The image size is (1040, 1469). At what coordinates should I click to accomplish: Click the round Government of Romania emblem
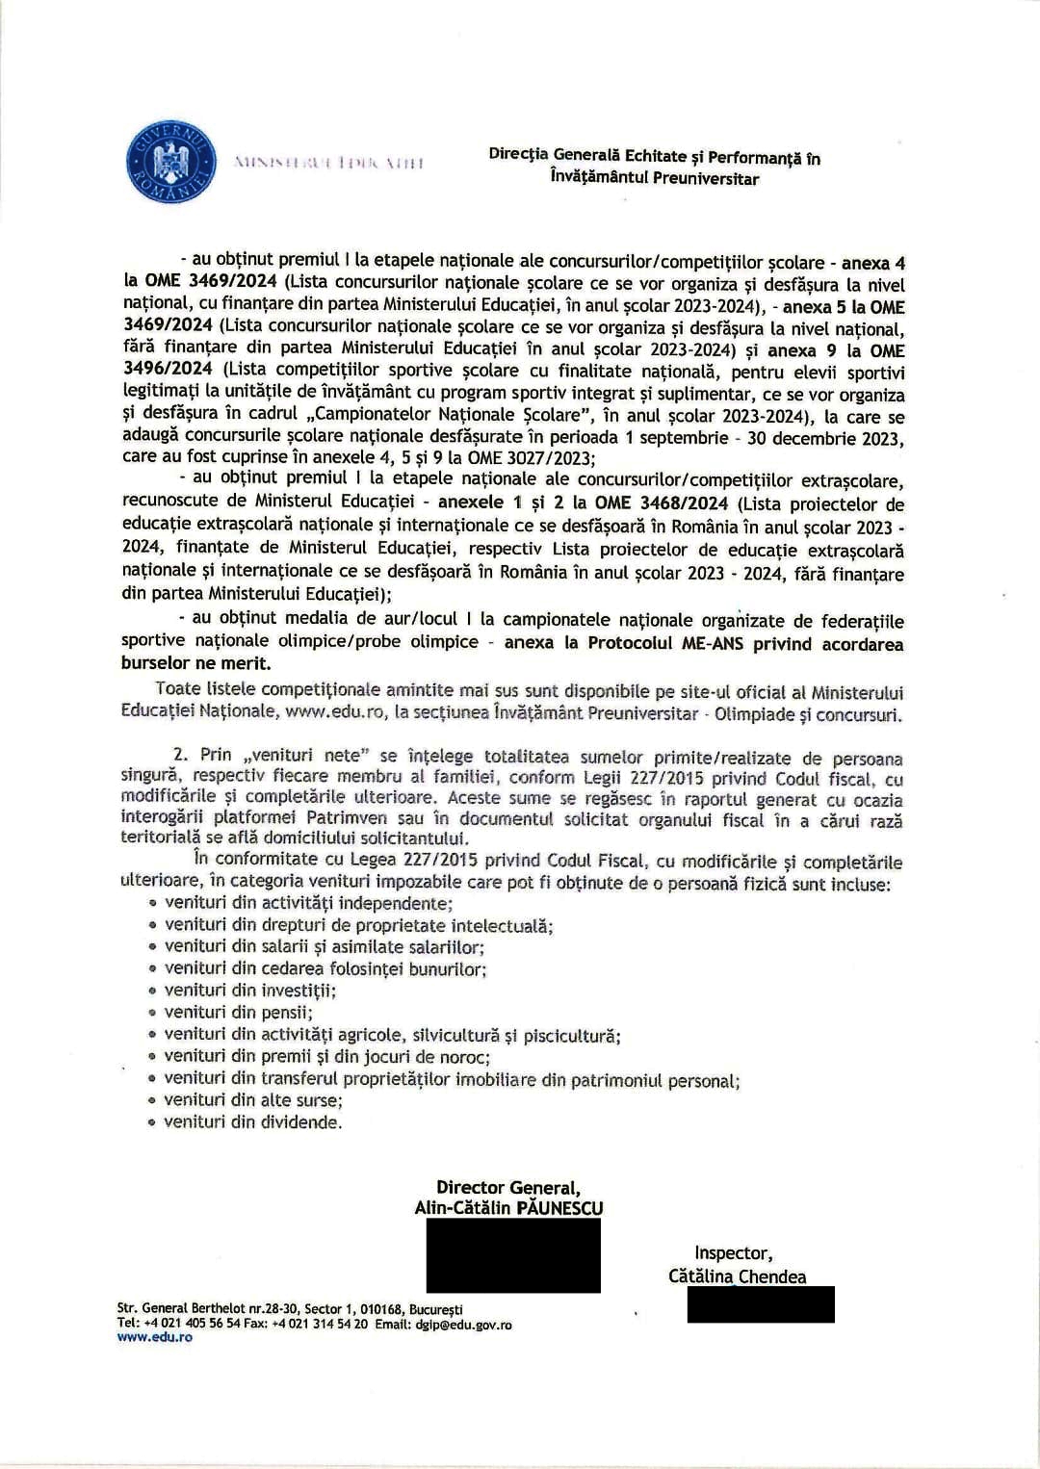(169, 161)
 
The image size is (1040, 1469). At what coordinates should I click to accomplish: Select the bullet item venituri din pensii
(238, 1013)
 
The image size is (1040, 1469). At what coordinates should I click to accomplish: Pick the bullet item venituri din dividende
(252, 1122)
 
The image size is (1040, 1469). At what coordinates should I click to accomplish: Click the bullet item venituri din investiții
(249, 991)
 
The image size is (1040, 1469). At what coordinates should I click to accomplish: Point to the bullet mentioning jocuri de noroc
(327, 1057)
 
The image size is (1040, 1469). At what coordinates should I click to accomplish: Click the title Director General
(507, 1188)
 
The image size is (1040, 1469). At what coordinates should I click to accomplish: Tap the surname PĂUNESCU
(559, 1208)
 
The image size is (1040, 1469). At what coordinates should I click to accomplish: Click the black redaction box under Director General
(513, 1255)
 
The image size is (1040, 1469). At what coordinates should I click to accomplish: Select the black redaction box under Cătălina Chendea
(761, 1305)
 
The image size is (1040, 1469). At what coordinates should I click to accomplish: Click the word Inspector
(733, 1253)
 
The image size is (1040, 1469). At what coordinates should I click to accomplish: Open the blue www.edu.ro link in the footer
(154, 1338)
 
